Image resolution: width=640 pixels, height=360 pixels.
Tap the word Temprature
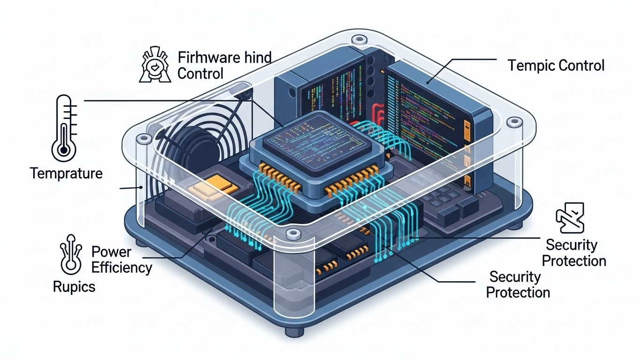[66, 173]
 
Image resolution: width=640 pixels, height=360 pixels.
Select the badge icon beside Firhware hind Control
[154, 66]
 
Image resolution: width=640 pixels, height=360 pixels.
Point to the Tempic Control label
[556, 65]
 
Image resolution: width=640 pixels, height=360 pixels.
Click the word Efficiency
[121, 268]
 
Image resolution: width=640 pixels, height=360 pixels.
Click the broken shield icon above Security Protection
[570, 218]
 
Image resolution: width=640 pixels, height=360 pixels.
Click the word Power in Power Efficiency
[112, 252]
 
